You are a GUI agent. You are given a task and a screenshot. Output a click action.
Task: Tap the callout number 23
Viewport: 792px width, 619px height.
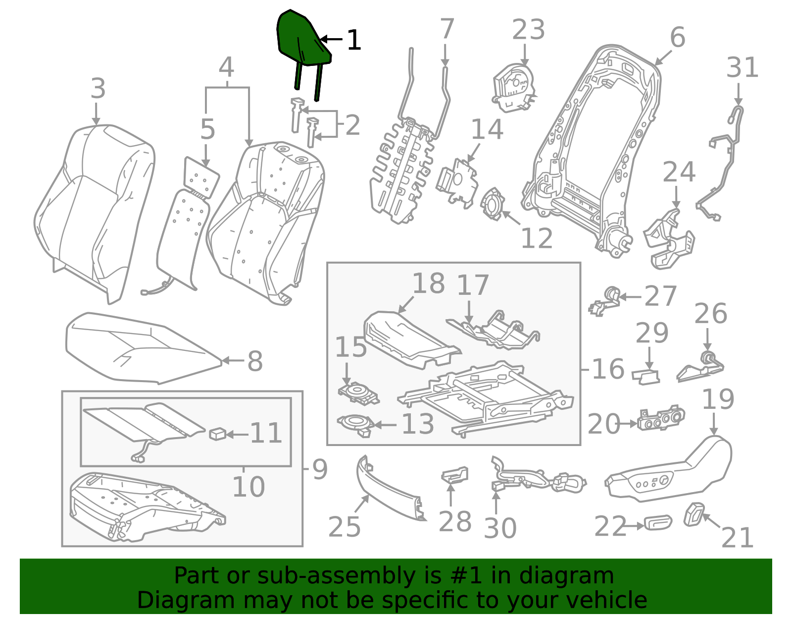coord(528,29)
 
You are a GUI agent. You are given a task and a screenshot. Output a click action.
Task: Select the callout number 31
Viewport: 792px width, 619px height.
coord(742,67)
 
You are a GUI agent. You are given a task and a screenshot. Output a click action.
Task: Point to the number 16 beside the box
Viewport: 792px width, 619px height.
coord(608,369)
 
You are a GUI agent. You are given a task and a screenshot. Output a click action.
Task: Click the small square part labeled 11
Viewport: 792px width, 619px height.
coord(218,434)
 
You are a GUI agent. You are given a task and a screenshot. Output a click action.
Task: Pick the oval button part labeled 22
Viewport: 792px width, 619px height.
coord(658,522)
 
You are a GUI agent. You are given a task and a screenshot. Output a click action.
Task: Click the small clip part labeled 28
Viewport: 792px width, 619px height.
coord(454,475)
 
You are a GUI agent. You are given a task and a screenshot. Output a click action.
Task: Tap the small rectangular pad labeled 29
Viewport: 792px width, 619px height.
coord(645,377)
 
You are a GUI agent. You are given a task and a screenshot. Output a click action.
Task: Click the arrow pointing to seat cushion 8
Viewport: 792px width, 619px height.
coord(233,360)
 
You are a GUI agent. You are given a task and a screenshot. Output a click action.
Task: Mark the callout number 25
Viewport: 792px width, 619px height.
coord(345,527)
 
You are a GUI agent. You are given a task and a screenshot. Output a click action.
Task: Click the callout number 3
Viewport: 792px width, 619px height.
coord(98,89)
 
